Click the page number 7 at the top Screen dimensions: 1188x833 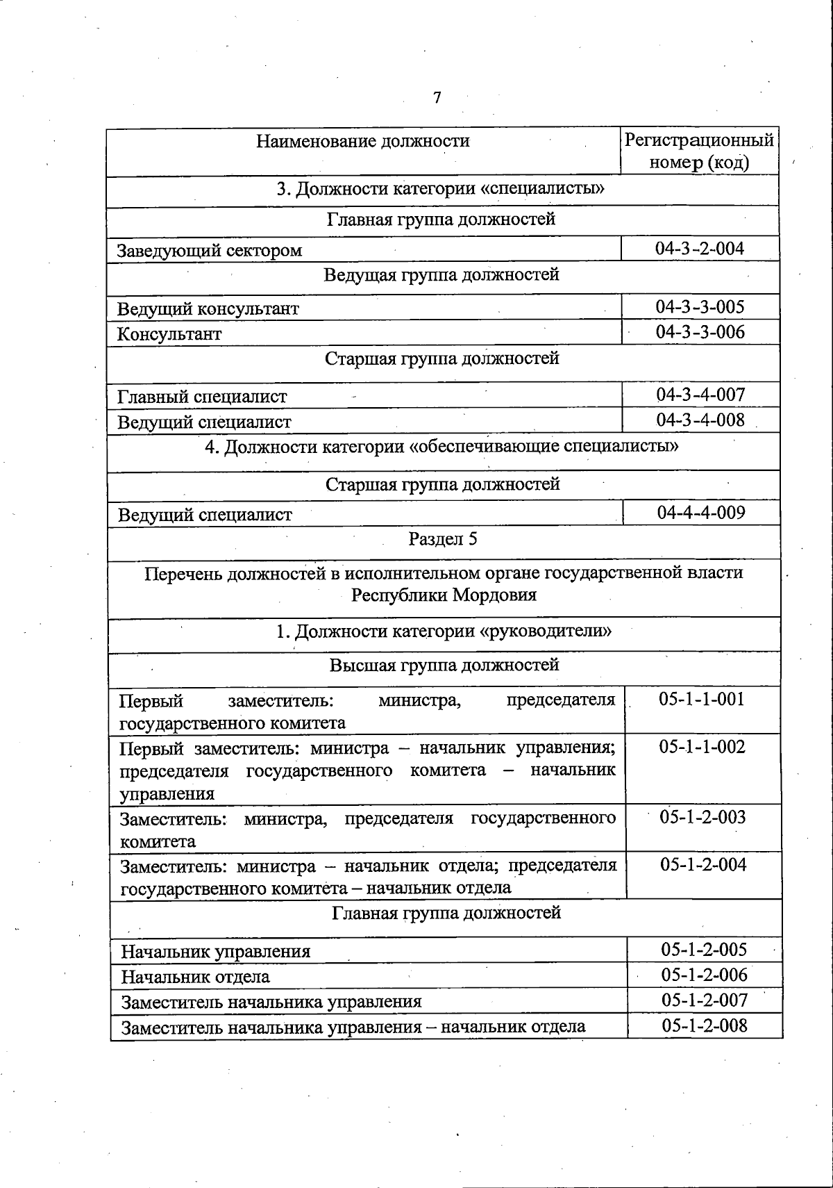click(x=437, y=98)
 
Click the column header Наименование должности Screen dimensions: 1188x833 click(x=363, y=141)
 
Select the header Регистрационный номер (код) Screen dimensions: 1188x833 click(x=699, y=151)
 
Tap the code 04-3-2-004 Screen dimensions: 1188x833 click(x=700, y=248)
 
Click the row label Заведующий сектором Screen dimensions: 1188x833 click(x=210, y=251)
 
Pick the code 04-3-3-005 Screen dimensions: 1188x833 click(x=700, y=306)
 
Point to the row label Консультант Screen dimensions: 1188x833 click(x=169, y=334)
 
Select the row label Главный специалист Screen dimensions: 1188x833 click(x=202, y=397)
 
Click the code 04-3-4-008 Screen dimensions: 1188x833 click(x=700, y=420)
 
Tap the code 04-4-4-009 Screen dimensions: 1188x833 click(x=701, y=513)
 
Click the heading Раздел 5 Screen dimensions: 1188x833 click(x=443, y=539)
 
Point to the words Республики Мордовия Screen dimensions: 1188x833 click(x=444, y=595)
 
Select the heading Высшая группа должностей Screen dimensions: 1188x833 click(x=444, y=666)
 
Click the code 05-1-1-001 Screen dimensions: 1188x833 click(x=702, y=699)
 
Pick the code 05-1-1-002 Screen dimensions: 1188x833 click(x=702, y=747)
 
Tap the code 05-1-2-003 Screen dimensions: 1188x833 click(x=702, y=817)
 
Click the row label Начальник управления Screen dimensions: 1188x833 click(x=216, y=951)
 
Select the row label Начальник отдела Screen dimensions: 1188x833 click(x=196, y=977)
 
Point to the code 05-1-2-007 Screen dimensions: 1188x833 click(x=705, y=1000)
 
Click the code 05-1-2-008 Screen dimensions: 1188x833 click(x=705, y=1025)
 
